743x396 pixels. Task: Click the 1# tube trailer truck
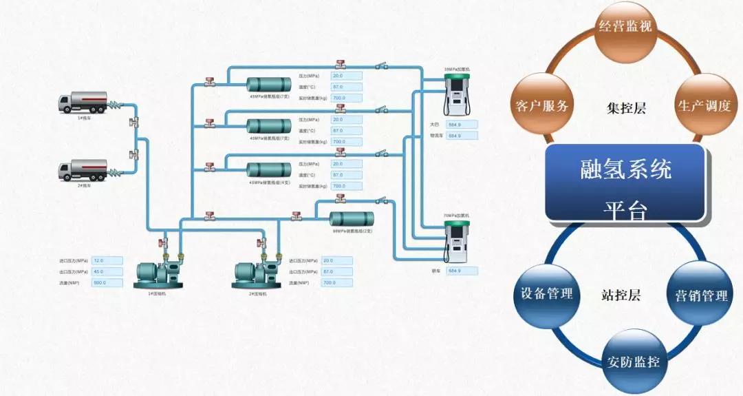point(83,102)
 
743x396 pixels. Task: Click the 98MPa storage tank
point(352,219)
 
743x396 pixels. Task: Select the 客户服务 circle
point(542,106)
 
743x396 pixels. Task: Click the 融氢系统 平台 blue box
point(625,183)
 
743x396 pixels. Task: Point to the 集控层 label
point(626,108)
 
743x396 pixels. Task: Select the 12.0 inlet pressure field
point(107,261)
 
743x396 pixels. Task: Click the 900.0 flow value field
point(107,282)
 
